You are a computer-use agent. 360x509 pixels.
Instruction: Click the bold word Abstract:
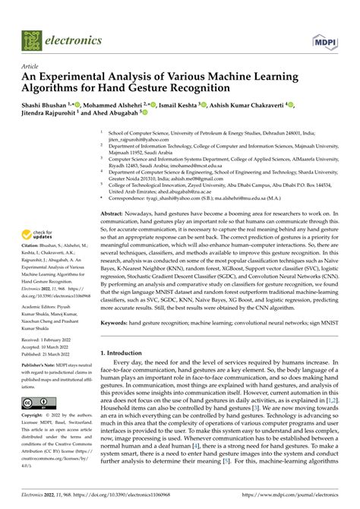113,215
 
